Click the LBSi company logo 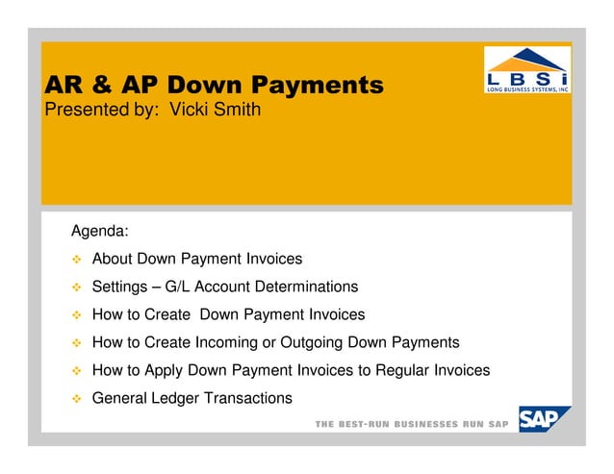coord(526,69)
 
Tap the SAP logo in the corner coord(544,420)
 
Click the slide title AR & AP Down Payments coord(215,87)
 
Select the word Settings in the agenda coord(120,287)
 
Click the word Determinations coord(300,287)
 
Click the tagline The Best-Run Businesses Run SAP coord(413,424)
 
